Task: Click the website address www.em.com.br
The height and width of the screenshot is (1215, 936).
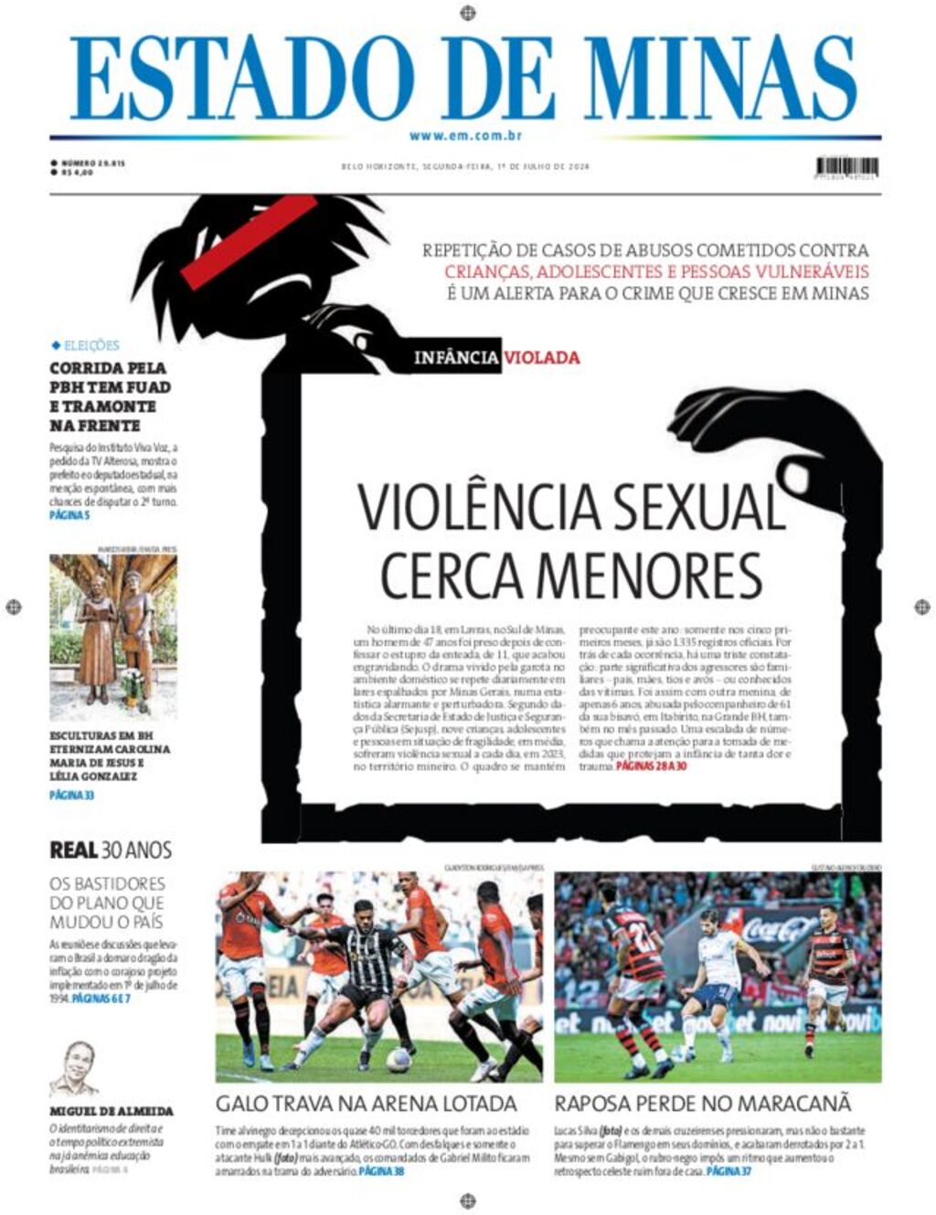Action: [x=465, y=136]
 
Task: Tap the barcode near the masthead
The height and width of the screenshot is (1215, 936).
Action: [x=846, y=167]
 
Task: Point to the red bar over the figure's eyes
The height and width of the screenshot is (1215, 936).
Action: [x=249, y=242]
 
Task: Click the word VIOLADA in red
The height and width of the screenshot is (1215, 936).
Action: [x=541, y=357]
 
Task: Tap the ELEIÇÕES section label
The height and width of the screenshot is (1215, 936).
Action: [x=90, y=345]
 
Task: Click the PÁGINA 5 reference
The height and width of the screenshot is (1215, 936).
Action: [x=69, y=515]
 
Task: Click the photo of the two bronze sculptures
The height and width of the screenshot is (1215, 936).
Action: [x=113, y=636]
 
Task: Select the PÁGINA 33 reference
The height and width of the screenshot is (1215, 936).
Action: [x=72, y=795]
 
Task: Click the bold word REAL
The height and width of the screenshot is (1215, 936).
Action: [x=73, y=850]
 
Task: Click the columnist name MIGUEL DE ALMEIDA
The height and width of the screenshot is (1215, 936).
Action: [x=112, y=1111]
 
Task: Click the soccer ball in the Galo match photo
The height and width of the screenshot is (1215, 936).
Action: [x=398, y=1060]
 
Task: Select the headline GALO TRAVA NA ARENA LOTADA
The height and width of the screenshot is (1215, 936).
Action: [x=367, y=1103]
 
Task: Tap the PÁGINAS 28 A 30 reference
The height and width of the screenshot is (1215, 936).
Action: [x=651, y=766]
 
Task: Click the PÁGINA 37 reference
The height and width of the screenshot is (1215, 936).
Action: [x=729, y=1170]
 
